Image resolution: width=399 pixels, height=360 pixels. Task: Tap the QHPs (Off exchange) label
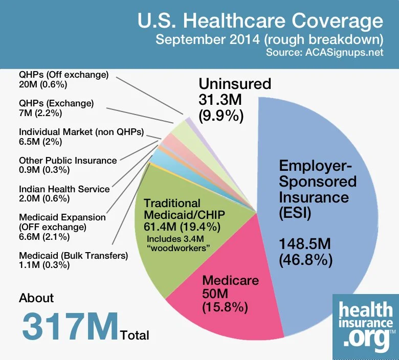[63, 79]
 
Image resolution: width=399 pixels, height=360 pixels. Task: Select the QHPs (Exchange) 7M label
[56, 108]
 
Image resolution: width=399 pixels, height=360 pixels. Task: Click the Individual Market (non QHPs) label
[81, 137]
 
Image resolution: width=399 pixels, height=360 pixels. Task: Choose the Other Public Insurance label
[68, 165]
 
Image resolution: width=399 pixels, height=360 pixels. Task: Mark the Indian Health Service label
[64, 193]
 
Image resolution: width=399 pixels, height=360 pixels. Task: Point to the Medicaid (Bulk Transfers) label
[73, 260]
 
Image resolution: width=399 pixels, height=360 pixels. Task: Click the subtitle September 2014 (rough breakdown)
[269, 39]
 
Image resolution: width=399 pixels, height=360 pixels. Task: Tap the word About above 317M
[36, 298]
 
